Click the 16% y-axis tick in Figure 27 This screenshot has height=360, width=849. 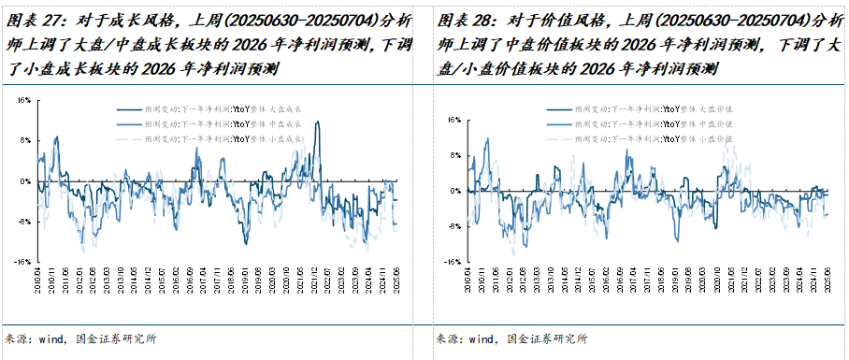point(24,99)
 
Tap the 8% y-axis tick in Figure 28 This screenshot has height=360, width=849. point(453,155)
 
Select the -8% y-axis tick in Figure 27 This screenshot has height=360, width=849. point(24,222)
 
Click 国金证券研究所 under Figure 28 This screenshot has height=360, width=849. point(547,339)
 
